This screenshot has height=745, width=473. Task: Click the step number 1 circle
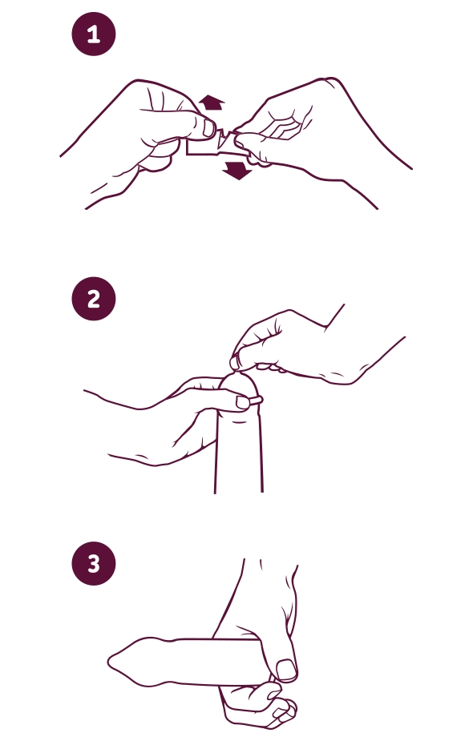tap(94, 34)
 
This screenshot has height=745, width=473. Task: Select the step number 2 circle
tap(94, 299)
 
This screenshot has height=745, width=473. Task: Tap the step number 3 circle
tap(94, 563)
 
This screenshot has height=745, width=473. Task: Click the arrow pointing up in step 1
tap(211, 103)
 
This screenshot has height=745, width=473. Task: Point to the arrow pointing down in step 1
tap(238, 170)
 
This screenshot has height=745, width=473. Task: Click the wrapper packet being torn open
tap(216, 144)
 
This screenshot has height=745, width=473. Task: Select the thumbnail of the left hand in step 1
tap(208, 127)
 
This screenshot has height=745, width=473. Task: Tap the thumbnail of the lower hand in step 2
tap(243, 403)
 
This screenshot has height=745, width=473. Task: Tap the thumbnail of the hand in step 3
tap(286, 670)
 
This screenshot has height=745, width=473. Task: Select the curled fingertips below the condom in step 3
tap(281, 703)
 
